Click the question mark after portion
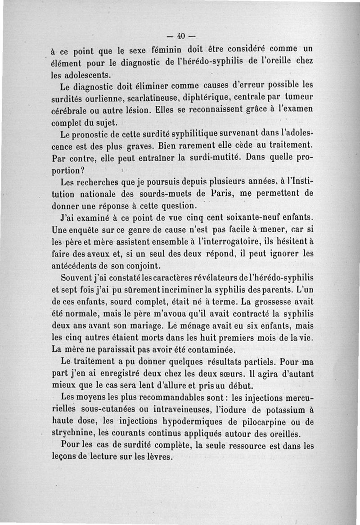(83, 172)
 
